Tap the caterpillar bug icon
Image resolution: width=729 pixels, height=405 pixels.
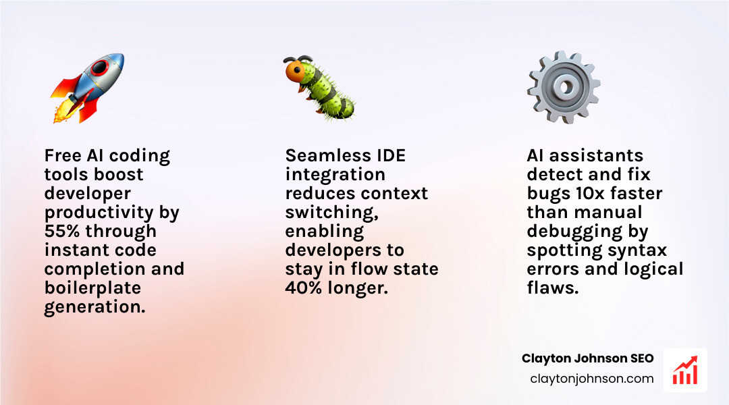tap(319, 88)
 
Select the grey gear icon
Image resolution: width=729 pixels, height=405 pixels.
tap(564, 86)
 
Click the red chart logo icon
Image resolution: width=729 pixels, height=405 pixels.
tap(685, 371)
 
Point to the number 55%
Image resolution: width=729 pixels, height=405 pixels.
tap(60, 231)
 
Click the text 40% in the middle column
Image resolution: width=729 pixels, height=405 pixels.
tap(304, 288)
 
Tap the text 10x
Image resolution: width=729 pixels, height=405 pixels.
tap(588, 194)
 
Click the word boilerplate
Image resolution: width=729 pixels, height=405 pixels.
tap(93, 288)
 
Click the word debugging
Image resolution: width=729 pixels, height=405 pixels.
tap(587, 232)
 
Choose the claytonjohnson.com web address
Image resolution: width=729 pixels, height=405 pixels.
tap(592, 379)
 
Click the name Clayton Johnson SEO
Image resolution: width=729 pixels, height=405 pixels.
tap(587, 358)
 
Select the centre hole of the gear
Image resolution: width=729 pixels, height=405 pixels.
tap(564, 86)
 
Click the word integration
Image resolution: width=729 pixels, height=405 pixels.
tap(335, 174)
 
